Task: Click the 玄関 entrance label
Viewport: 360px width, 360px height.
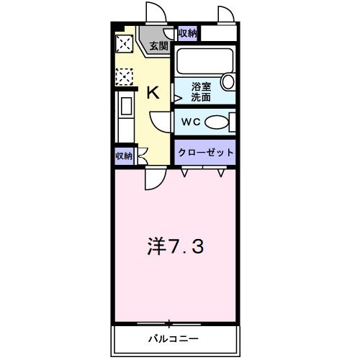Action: (158, 45)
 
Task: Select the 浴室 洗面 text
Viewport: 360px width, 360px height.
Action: (201, 91)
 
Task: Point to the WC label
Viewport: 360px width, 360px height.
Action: (190, 122)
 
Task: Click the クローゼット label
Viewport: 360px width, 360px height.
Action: (206, 153)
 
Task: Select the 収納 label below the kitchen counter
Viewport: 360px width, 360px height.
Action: (123, 156)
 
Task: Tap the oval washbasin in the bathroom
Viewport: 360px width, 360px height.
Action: (228, 81)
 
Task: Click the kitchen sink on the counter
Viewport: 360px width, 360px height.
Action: (124, 108)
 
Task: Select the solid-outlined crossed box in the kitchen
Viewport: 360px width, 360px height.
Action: (124, 44)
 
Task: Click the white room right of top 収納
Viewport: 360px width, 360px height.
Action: (219, 33)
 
